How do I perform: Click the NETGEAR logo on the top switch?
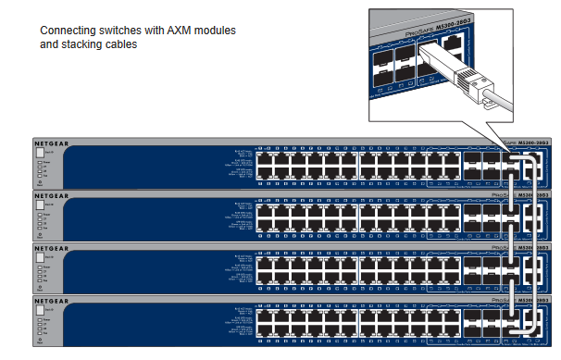click(x=52, y=144)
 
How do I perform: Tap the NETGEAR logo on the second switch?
click(x=52, y=196)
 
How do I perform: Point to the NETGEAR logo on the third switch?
click(x=52, y=248)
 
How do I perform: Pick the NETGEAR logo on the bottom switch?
click(x=52, y=300)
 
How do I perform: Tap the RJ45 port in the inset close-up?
click(x=453, y=43)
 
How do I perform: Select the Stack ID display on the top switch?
click(x=41, y=155)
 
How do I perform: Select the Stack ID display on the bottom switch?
click(x=41, y=310)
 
